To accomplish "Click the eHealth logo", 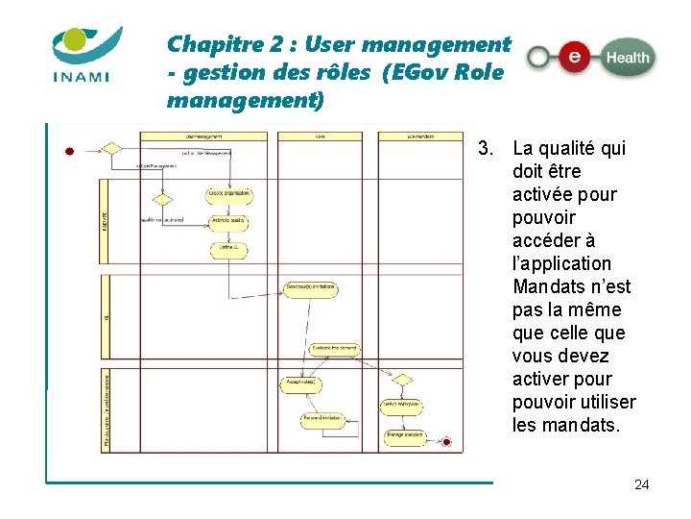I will pos(591,58).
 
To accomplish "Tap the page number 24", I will pos(642,484).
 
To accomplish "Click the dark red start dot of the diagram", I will pos(69,150).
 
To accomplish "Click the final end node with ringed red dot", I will pos(445,441).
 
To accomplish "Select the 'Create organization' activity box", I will pos(229,195).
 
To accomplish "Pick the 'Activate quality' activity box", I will pos(229,223).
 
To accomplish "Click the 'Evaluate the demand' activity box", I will pos(335,349).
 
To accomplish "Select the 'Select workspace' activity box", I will pos(402,404).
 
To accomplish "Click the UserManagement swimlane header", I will pos(203,136).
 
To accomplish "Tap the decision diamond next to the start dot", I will pos(111,149).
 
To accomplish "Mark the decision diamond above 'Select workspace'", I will pos(402,381).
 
